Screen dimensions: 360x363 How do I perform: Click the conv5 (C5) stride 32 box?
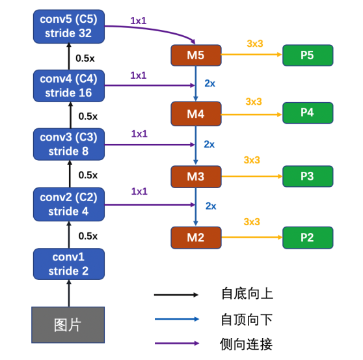tap(68, 25)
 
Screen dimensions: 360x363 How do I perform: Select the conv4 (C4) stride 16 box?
tap(68, 86)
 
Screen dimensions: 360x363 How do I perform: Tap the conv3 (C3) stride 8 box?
tap(68, 145)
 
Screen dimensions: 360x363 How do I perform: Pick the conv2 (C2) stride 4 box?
tap(68, 204)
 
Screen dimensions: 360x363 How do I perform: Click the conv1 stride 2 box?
tap(68, 264)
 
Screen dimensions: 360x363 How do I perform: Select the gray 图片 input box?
tap(68, 324)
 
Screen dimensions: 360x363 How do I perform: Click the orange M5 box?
tap(196, 55)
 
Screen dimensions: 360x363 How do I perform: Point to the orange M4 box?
tap(196, 114)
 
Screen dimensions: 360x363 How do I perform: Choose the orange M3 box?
tap(196, 176)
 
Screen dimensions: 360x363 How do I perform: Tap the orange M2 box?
tap(196, 237)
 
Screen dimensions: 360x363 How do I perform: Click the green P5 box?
tap(308, 55)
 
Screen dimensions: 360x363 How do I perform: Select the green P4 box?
tap(308, 113)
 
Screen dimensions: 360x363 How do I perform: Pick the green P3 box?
tap(308, 176)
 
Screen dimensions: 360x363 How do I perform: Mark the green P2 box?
tap(308, 237)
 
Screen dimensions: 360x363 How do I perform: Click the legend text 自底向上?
tap(247, 294)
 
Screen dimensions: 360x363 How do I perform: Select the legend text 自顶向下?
tap(247, 319)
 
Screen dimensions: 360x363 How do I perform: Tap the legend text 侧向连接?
tap(247, 343)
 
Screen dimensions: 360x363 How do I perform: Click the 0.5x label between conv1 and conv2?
tap(87, 236)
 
